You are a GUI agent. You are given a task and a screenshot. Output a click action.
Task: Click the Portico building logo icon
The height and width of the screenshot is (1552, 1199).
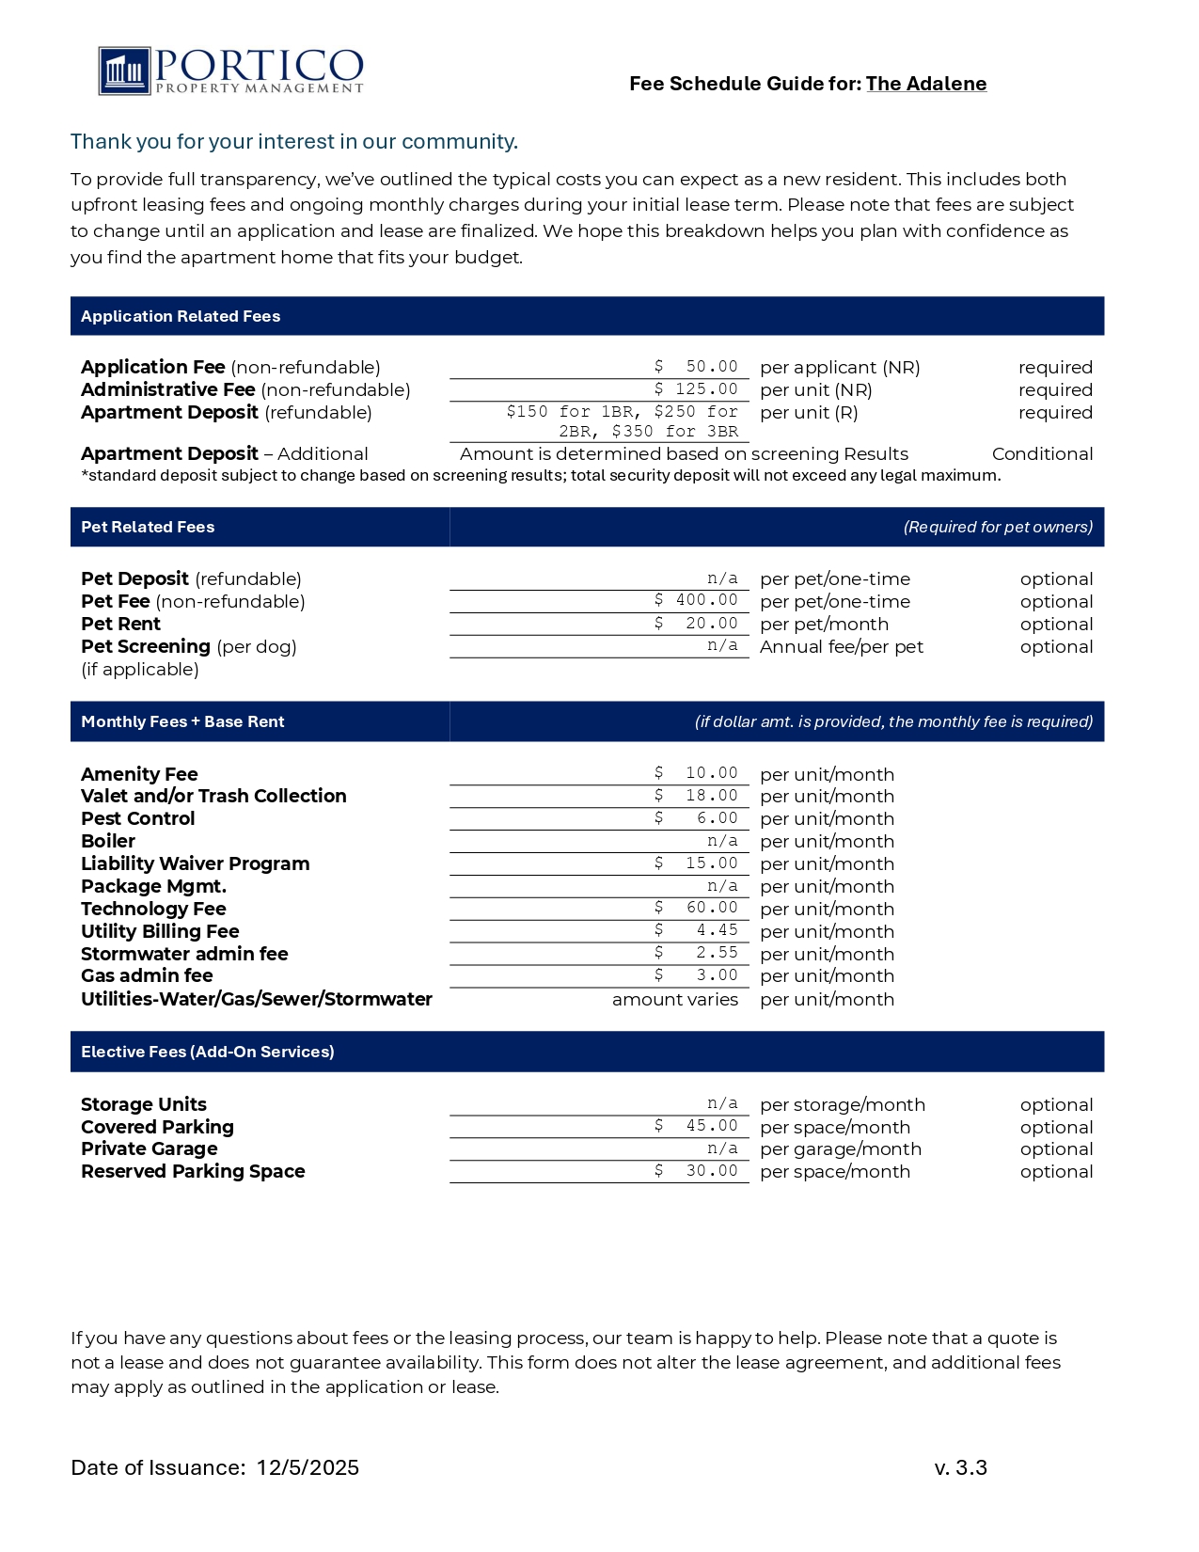(x=124, y=71)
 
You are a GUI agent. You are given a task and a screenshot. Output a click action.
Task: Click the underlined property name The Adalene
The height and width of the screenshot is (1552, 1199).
(x=925, y=84)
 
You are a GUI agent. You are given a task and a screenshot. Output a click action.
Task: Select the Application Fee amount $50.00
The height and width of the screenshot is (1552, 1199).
(x=697, y=367)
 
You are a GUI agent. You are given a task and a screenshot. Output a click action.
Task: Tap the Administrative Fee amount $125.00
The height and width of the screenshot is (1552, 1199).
(x=697, y=389)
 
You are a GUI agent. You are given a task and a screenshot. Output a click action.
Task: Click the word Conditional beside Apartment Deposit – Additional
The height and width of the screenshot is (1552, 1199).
(x=1042, y=454)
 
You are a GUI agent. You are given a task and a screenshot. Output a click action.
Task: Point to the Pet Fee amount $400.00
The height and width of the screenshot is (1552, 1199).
(x=697, y=600)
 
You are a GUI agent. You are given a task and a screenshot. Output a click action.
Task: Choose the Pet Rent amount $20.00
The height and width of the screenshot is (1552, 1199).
(x=697, y=624)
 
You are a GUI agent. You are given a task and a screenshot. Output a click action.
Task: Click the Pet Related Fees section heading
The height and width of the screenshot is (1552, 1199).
(x=148, y=528)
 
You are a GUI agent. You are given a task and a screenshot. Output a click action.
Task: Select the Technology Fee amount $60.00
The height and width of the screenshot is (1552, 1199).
(x=697, y=908)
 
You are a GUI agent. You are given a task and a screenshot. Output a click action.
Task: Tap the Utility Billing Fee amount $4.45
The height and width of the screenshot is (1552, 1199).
(x=697, y=930)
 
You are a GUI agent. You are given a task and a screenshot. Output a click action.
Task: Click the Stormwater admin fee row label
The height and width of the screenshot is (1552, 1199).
(x=184, y=954)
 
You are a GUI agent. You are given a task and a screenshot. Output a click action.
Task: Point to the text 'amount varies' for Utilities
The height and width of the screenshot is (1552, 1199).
(x=674, y=1000)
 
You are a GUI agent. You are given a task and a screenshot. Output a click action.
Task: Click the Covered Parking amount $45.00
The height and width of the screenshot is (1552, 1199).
(x=697, y=1126)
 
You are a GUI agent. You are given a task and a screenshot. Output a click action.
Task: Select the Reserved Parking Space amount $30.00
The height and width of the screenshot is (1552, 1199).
(x=697, y=1171)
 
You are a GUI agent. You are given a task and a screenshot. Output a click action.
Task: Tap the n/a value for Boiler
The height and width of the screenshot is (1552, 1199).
(x=722, y=841)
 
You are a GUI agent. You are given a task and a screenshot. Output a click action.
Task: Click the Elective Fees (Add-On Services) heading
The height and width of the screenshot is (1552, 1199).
(x=208, y=1053)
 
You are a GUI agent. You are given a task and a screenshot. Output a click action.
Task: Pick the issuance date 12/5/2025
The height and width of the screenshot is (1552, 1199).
(x=308, y=1468)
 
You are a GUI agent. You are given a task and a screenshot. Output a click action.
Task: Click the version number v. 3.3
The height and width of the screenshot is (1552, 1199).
(x=960, y=1468)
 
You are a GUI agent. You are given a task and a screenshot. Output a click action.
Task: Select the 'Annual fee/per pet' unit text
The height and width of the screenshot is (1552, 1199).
(x=841, y=647)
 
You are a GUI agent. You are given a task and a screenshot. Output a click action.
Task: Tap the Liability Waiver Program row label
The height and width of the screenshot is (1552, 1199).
(x=195, y=863)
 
